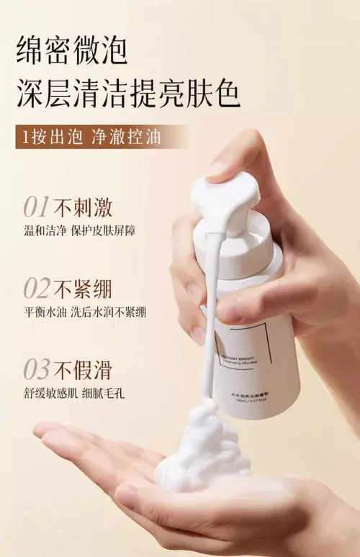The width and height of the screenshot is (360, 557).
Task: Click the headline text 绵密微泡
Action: coord(72,51)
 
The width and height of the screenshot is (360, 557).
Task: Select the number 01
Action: coord(37,207)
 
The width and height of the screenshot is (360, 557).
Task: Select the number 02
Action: coord(37,288)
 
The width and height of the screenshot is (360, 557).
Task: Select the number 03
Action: coord(37,369)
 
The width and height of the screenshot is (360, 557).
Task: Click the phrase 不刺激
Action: coord(84,207)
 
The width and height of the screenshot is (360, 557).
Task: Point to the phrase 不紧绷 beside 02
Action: coord(84,288)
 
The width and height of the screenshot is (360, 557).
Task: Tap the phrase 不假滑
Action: coord(84,369)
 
